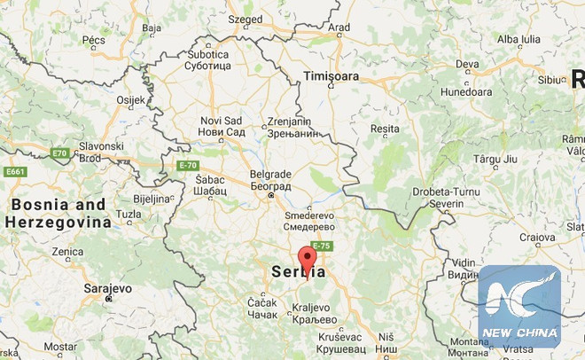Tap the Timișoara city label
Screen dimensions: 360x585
click(x=331, y=76)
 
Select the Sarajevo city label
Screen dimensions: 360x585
click(x=106, y=289)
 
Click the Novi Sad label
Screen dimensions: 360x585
click(x=222, y=126)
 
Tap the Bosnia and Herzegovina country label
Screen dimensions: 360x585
click(x=58, y=213)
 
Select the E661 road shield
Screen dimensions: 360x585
click(x=16, y=171)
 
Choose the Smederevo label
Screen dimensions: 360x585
click(x=309, y=221)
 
